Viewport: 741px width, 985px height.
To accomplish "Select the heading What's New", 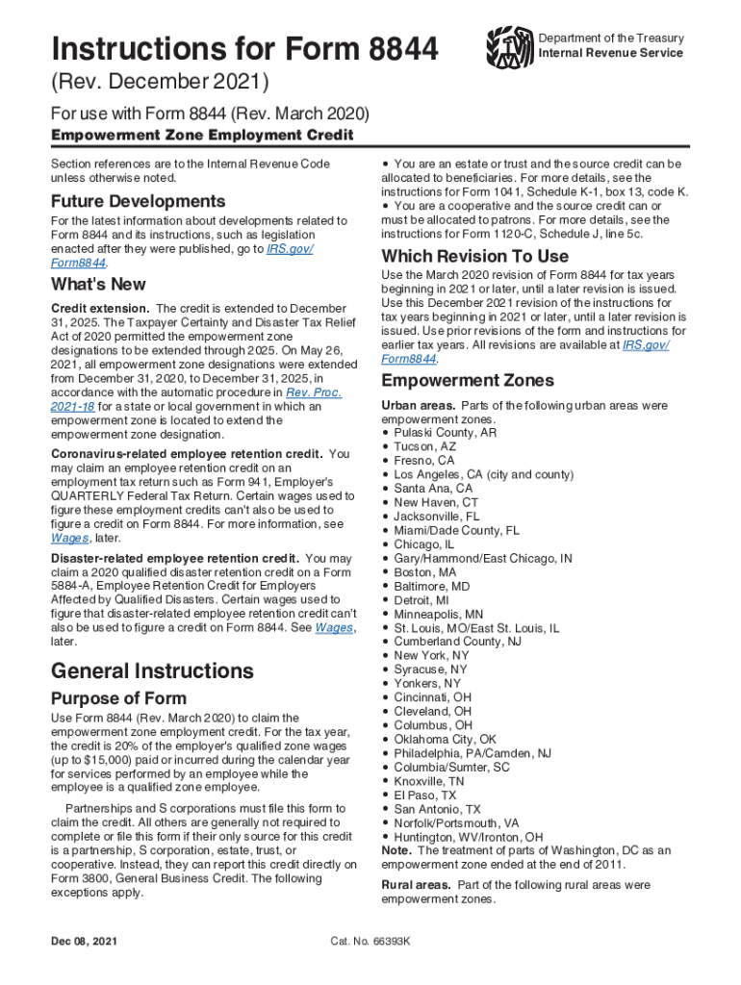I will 98,285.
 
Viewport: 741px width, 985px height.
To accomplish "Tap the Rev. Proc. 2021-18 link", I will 314,392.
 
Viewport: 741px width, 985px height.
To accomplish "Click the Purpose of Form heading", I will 118,698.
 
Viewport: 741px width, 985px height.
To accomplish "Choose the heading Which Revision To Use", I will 474,257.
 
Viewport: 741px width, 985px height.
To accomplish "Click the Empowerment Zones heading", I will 468,381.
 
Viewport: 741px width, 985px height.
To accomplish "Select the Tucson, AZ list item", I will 424,447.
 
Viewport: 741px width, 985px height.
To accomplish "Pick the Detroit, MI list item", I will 422,600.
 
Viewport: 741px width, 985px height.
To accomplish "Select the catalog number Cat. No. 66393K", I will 370,942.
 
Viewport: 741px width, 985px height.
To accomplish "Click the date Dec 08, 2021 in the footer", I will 89,942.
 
